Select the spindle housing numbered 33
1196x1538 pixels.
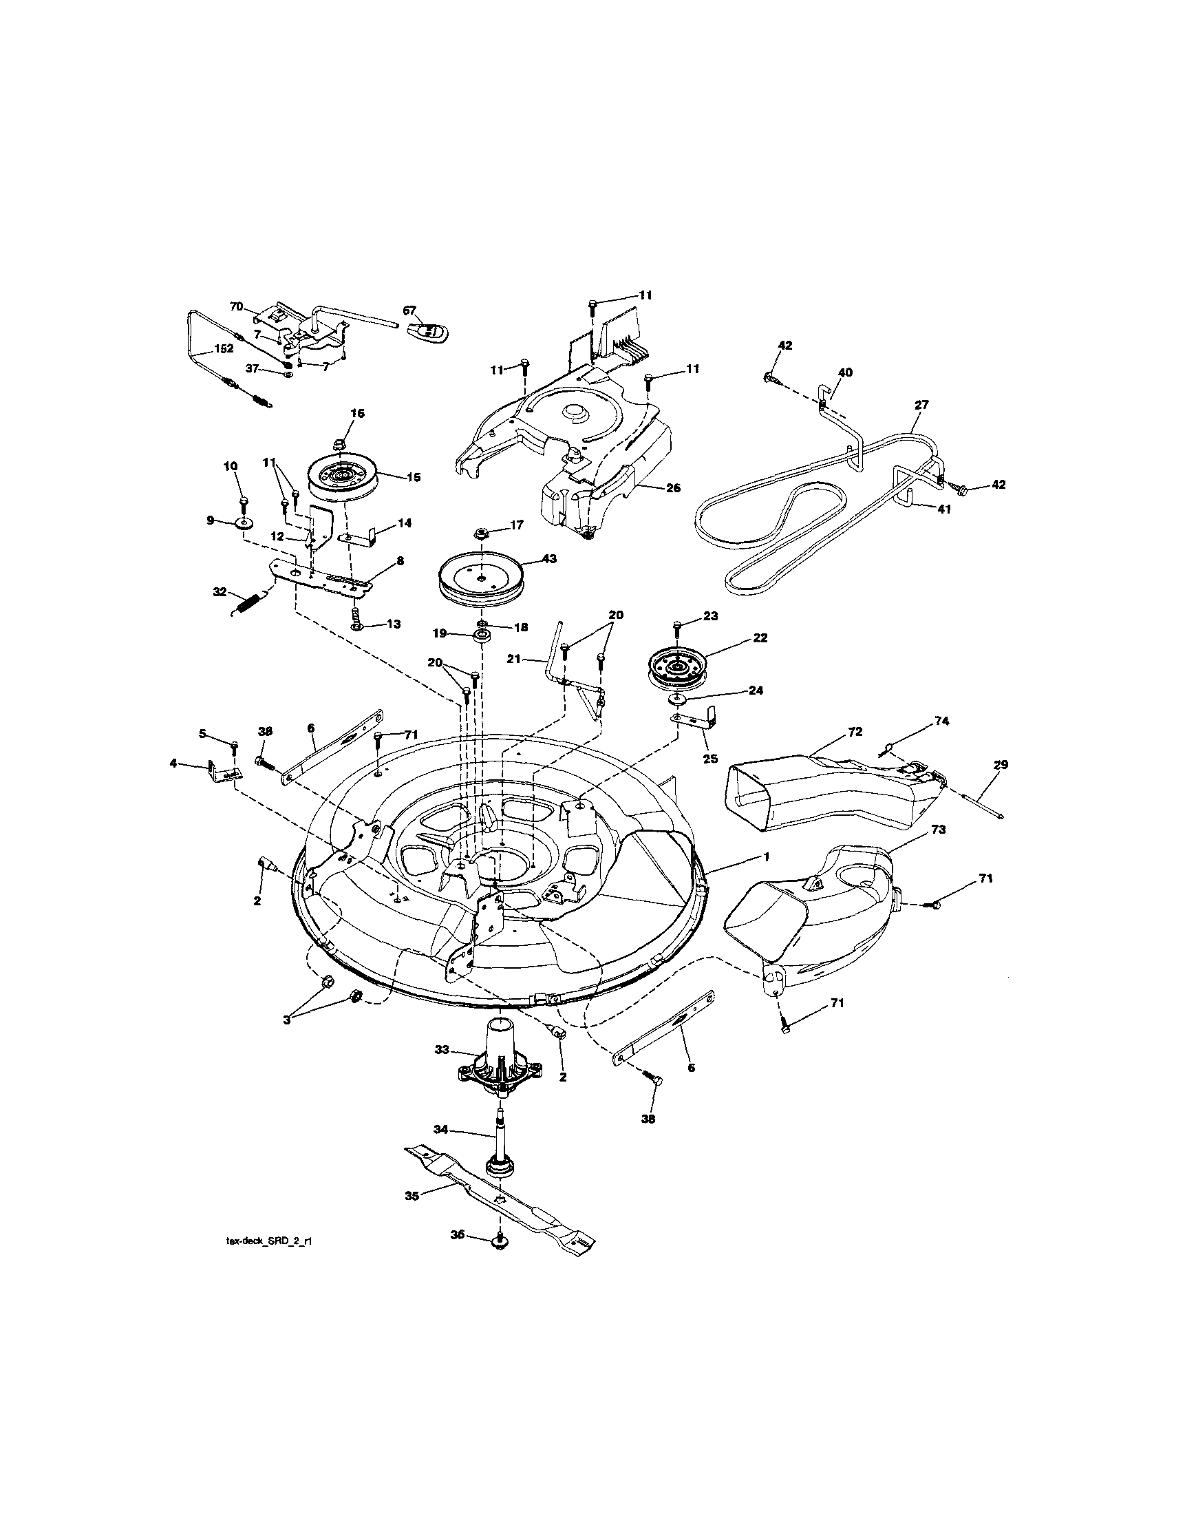click(500, 1071)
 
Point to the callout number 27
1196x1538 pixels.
click(921, 405)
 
